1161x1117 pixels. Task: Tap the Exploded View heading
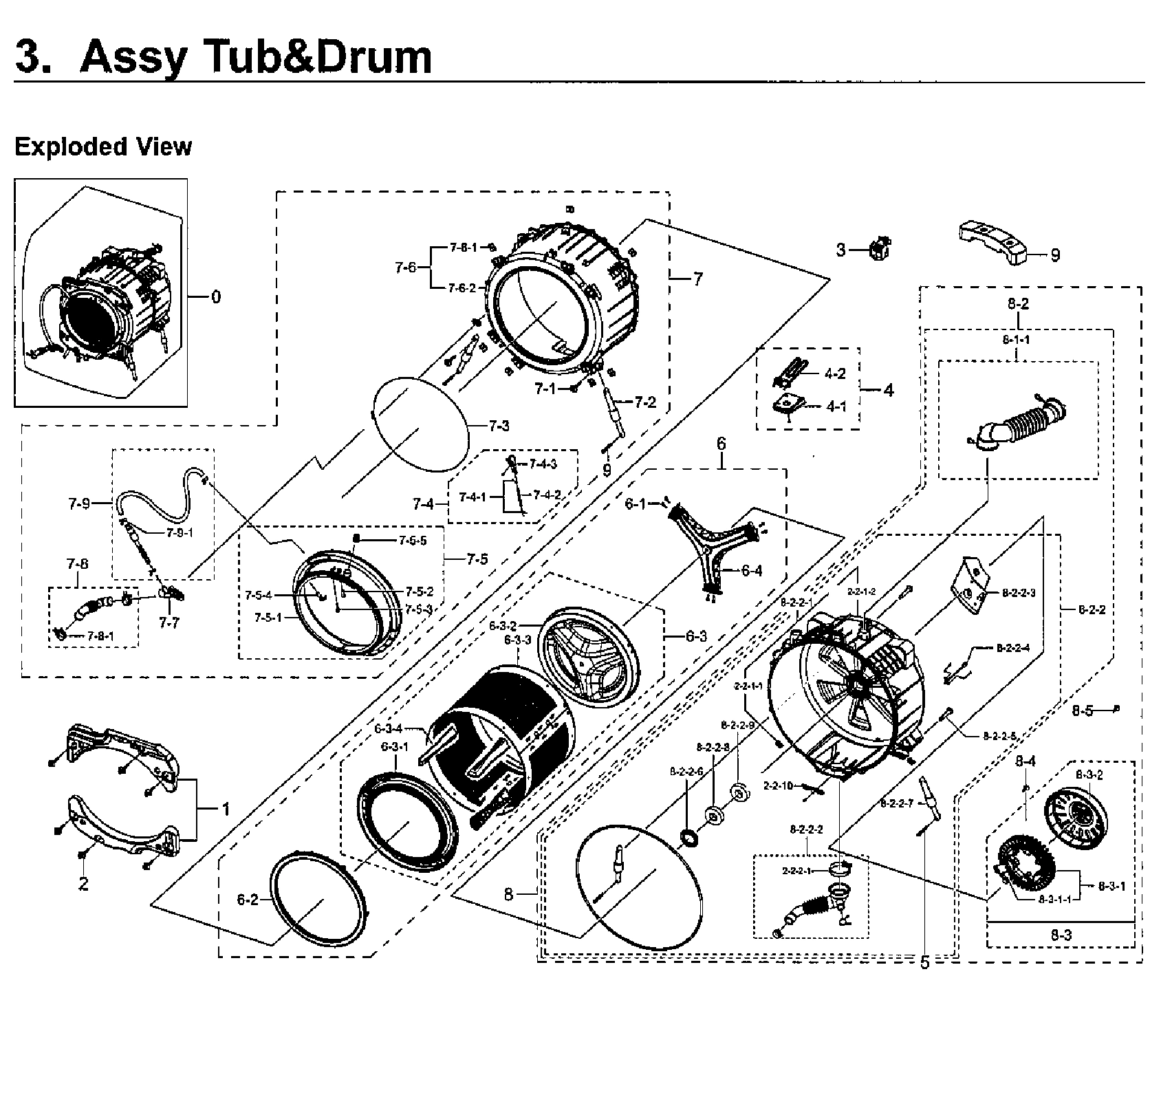point(103,147)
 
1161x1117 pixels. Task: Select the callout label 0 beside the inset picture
point(215,297)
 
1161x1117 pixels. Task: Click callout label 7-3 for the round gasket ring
point(499,426)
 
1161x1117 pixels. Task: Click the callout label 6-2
point(247,900)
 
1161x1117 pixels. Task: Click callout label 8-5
point(1082,711)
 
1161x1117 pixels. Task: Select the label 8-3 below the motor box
point(1061,935)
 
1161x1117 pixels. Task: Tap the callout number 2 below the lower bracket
point(83,884)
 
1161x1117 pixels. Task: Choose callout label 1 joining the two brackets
point(225,809)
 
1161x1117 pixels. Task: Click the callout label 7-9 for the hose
point(79,504)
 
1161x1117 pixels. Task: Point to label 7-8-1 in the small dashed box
point(100,636)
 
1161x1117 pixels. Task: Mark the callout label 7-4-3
point(543,464)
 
